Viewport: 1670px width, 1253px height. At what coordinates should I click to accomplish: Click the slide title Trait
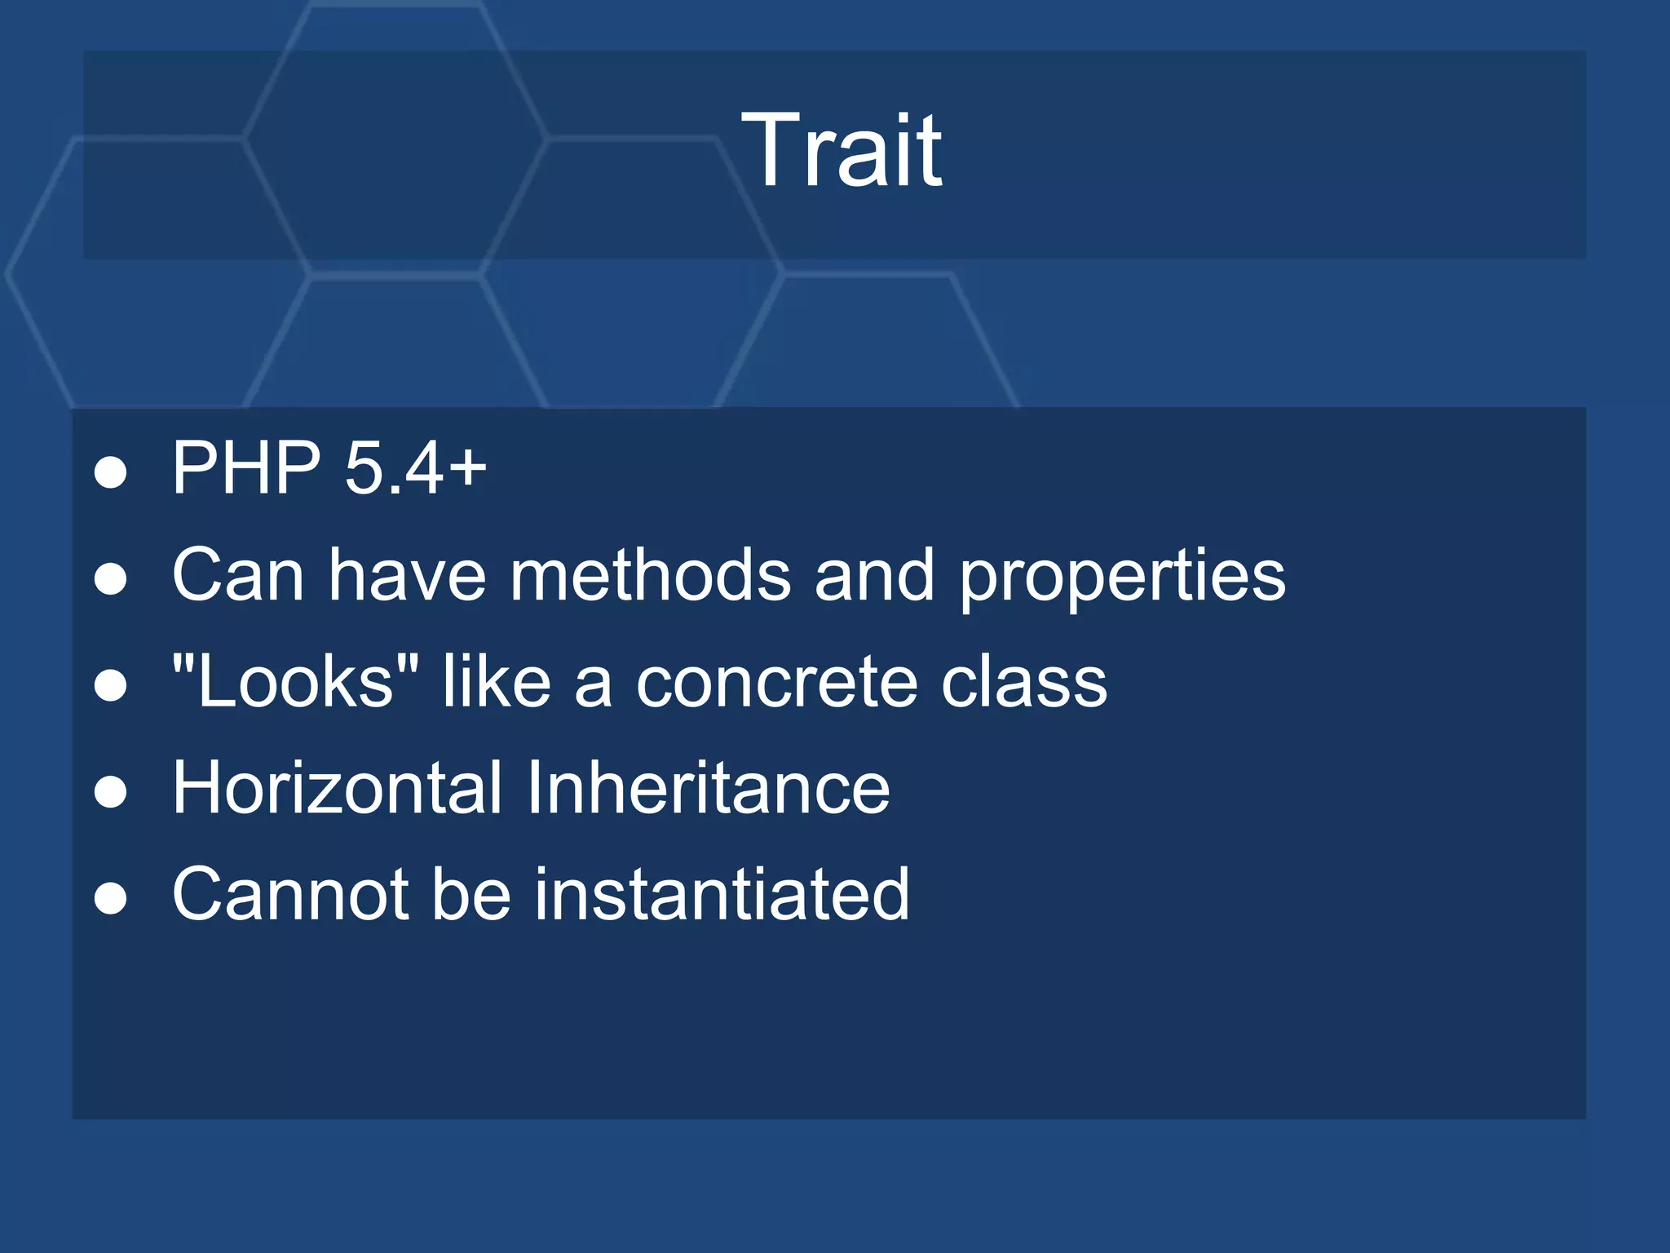pyautogui.click(x=841, y=151)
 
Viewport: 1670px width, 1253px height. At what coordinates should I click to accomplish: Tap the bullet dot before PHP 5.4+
pyautogui.click(x=111, y=472)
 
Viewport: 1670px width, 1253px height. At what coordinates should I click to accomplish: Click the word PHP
pyautogui.click(x=246, y=467)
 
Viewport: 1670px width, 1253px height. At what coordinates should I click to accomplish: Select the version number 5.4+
pyautogui.click(x=415, y=468)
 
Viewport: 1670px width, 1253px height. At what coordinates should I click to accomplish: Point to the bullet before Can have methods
pyautogui.click(x=111, y=579)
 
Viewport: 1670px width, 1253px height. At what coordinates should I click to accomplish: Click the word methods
pyautogui.click(x=650, y=574)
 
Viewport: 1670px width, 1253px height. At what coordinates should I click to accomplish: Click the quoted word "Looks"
pyautogui.click(x=295, y=681)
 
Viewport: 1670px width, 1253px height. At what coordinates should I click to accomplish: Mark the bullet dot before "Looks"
pyautogui.click(x=111, y=686)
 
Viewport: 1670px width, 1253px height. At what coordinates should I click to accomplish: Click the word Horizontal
pyautogui.click(x=338, y=787)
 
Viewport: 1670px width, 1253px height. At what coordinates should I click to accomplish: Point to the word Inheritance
pyautogui.click(x=708, y=787)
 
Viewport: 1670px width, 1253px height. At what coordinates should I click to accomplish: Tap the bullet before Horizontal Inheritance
pyautogui.click(x=111, y=792)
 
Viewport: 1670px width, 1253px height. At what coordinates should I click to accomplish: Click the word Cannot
pyautogui.click(x=290, y=894)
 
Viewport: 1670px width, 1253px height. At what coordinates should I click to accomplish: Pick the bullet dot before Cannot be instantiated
pyautogui.click(x=111, y=899)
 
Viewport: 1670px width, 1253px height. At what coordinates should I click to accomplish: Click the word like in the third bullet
pyautogui.click(x=497, y=681)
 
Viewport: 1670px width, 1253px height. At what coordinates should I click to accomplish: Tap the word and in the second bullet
pyautogui.click(x=874, y=574)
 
